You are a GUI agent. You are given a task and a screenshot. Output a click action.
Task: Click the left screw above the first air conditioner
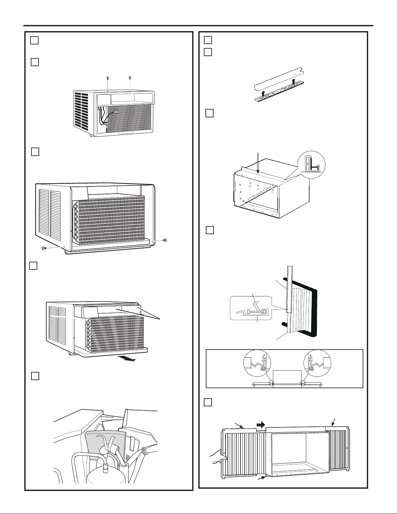pos(108,78)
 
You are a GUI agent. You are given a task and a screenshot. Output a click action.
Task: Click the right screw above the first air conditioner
pos(130,78)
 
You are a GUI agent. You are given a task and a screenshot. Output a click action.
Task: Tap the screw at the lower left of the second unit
pos(44,248)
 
